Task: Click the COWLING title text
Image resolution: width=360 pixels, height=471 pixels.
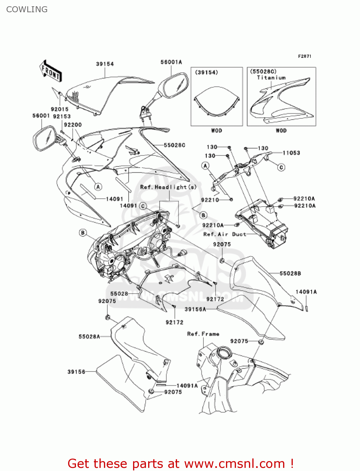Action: [27, 9]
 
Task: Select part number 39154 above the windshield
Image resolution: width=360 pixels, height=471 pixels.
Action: [105, 64]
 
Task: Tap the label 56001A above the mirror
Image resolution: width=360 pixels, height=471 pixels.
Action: [171, 62]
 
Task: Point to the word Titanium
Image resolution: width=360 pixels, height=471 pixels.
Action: [271, 78]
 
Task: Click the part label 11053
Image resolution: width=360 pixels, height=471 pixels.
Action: [291, 153]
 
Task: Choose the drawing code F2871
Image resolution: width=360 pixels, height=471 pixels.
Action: [304, 56]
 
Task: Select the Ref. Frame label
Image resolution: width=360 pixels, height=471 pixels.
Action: [203, 334]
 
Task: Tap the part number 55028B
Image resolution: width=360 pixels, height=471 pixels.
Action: [290, 273]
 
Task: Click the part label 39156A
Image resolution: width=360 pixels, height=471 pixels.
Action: [195, 309]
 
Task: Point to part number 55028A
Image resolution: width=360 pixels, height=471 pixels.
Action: [89, 337]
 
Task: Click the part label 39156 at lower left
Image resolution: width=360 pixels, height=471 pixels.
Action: [76, 372]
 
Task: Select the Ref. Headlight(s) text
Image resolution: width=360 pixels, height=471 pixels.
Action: [168, 187]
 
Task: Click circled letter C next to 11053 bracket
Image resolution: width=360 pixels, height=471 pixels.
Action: [281, 167]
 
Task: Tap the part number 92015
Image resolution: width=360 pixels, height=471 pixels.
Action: [60, 109]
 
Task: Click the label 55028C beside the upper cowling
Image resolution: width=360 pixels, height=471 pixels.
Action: [175, 145]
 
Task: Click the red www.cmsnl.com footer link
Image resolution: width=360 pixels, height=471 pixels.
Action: [234, 463]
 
